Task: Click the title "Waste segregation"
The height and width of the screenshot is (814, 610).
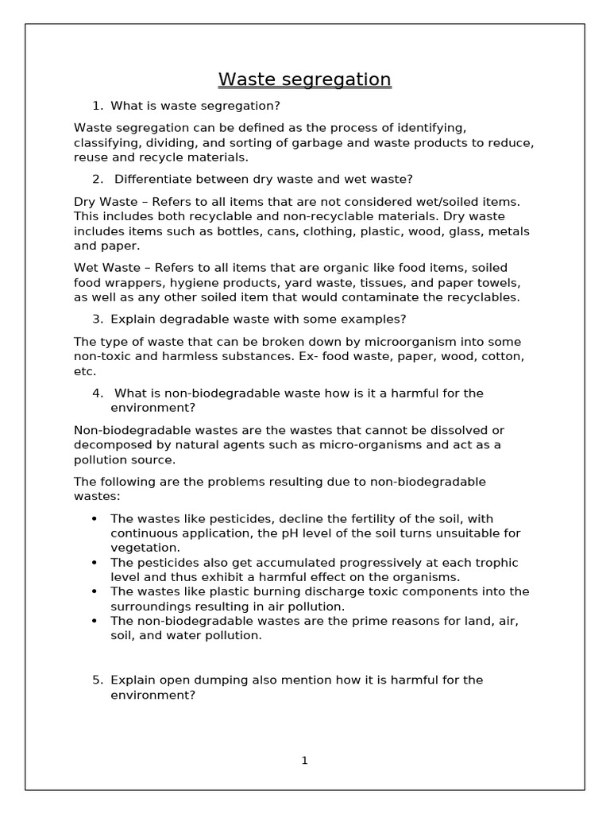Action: click(304, 79)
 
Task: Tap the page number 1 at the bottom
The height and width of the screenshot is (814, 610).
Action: click(304, 761)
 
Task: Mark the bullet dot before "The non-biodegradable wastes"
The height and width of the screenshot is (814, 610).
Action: click(95, 621)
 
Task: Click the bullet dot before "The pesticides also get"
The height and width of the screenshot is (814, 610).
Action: click(95, 562)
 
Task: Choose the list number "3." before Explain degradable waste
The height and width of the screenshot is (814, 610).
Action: click(98, 319)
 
